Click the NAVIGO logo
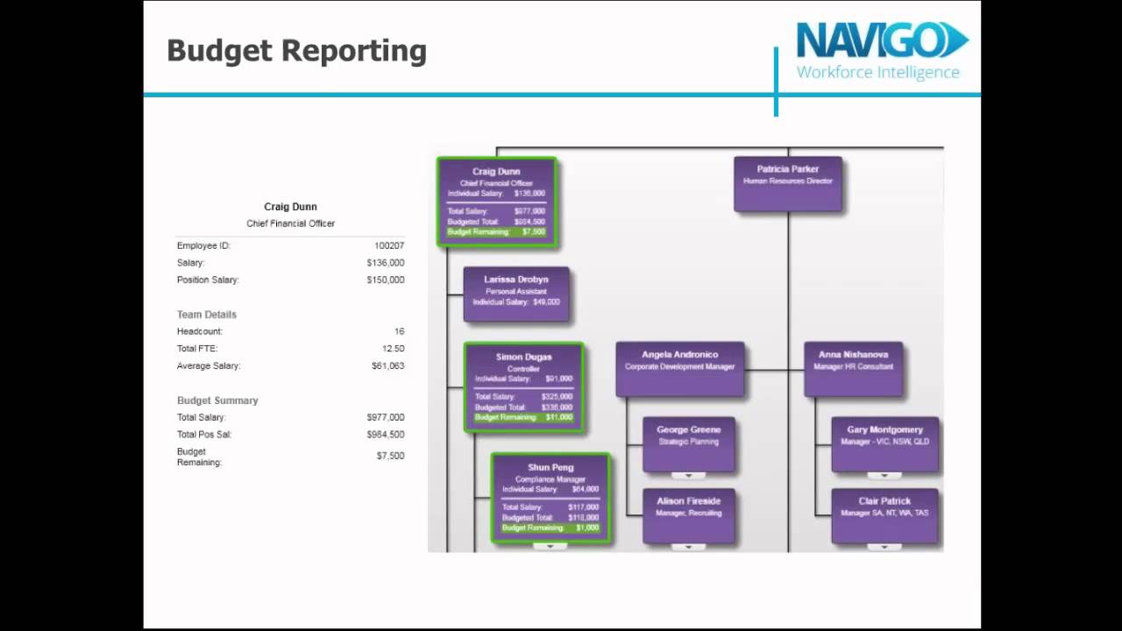881,51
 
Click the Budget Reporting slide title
296,51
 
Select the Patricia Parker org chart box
788,183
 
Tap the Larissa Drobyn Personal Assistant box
516,294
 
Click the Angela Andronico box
679,368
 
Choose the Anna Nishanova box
853,368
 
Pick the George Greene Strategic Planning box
689,443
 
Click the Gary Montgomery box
884,443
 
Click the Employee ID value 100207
389,246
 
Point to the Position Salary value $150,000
386,280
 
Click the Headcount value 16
399,332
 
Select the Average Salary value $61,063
387,366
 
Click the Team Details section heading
207,315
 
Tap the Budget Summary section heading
217,401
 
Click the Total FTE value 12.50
393,349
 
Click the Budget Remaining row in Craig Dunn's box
496,232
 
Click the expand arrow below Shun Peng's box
550,546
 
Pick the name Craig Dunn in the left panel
290,208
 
